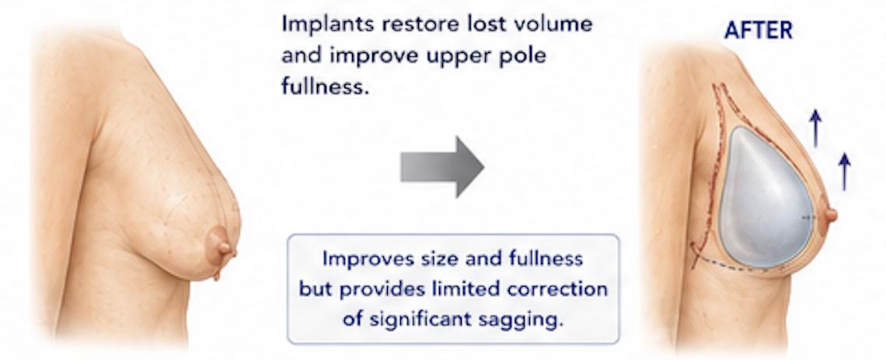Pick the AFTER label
point(759,30)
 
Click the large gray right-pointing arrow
point(442,167)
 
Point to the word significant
point(424,320)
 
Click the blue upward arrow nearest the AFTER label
point(814,128)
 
